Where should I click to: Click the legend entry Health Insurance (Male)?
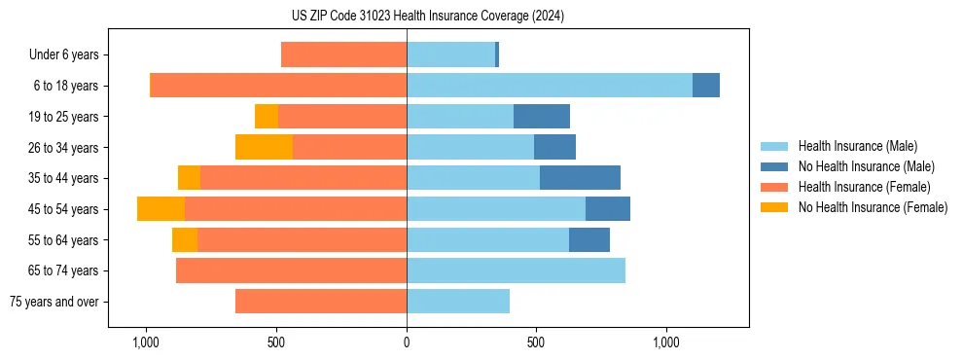(856, 146)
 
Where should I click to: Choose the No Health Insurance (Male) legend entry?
(865, 166)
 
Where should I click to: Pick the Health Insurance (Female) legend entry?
(863, 187)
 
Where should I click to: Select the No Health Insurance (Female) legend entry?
(872, 207)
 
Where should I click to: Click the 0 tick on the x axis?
(407, 342)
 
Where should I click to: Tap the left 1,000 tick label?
(146, 342)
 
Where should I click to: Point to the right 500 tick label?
(536, 342)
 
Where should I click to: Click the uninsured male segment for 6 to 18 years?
(706, 86)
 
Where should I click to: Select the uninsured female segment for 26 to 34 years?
(264, 147)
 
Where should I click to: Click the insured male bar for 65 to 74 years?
(516, 270)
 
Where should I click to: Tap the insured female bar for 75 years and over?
(321, 302)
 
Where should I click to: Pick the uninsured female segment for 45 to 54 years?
(160, 209)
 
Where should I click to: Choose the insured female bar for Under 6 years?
(343, 54)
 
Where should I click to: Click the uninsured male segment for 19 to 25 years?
(542, 117)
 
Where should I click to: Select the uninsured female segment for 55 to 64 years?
(185, 240)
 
